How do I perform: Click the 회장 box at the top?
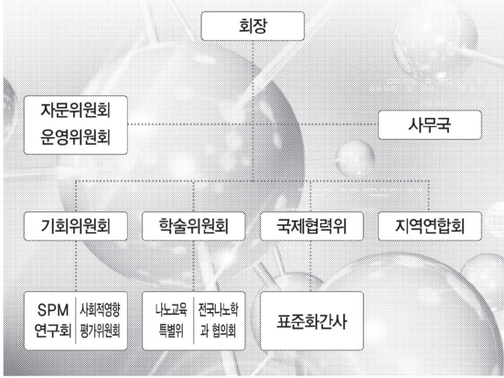(x=252, y=26)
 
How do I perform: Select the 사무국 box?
(x=430, y=124)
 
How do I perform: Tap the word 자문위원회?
(x=76, y=111)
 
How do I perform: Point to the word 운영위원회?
(x=76, y=137)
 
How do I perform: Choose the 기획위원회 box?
(x=76, y=226)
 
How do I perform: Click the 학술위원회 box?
(x=194, y=226)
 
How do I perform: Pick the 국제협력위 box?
(x=312, y=226)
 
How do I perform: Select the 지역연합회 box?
(x=430, y=226)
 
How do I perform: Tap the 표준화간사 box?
(x=312, y=320)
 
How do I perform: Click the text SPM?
(x=53, y=310)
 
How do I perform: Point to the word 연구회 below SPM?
(x=53, y=330)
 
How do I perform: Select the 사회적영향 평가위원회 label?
(x=100, y=320)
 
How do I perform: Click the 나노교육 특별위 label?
(x=171, y=320)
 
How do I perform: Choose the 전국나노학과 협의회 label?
(x=219, y=320)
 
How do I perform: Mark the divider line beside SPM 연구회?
(x=76, y=320)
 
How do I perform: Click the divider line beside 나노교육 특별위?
(x=194, y=320)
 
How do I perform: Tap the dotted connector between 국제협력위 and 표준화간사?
(x=310, y=266)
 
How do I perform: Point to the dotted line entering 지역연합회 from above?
(x=429, y=196)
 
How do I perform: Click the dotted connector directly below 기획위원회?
(x=76, y=266)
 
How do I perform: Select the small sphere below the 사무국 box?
(x=356, y=158)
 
